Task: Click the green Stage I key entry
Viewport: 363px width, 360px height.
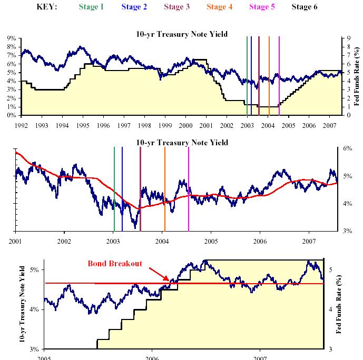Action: (x=91, y=7)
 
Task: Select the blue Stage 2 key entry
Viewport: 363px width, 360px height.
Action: (x=134, y=7)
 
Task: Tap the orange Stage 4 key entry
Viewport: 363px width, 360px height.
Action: (x=219, y=7)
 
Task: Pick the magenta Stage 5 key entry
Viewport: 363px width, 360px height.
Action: (x=262, y=7)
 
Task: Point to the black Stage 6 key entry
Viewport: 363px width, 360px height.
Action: (x=305, y=7)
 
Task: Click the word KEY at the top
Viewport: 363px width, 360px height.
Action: (x=47, y=7)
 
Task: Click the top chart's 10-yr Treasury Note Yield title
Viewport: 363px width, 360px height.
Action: (x=182, y=34)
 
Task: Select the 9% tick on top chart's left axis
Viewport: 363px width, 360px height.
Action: (x=11, y=38)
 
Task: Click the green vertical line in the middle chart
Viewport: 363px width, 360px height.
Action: (x=114, y=189)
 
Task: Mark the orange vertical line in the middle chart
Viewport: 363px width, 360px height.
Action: (x=165, y=189)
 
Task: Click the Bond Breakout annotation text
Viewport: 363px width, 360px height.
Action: (x=115, y=264)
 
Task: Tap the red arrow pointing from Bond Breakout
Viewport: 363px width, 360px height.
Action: (x=158, y=273)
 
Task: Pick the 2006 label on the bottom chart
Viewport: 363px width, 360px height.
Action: (x=152, y=357)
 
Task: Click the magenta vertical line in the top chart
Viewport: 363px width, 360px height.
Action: (x=279, y=74)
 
